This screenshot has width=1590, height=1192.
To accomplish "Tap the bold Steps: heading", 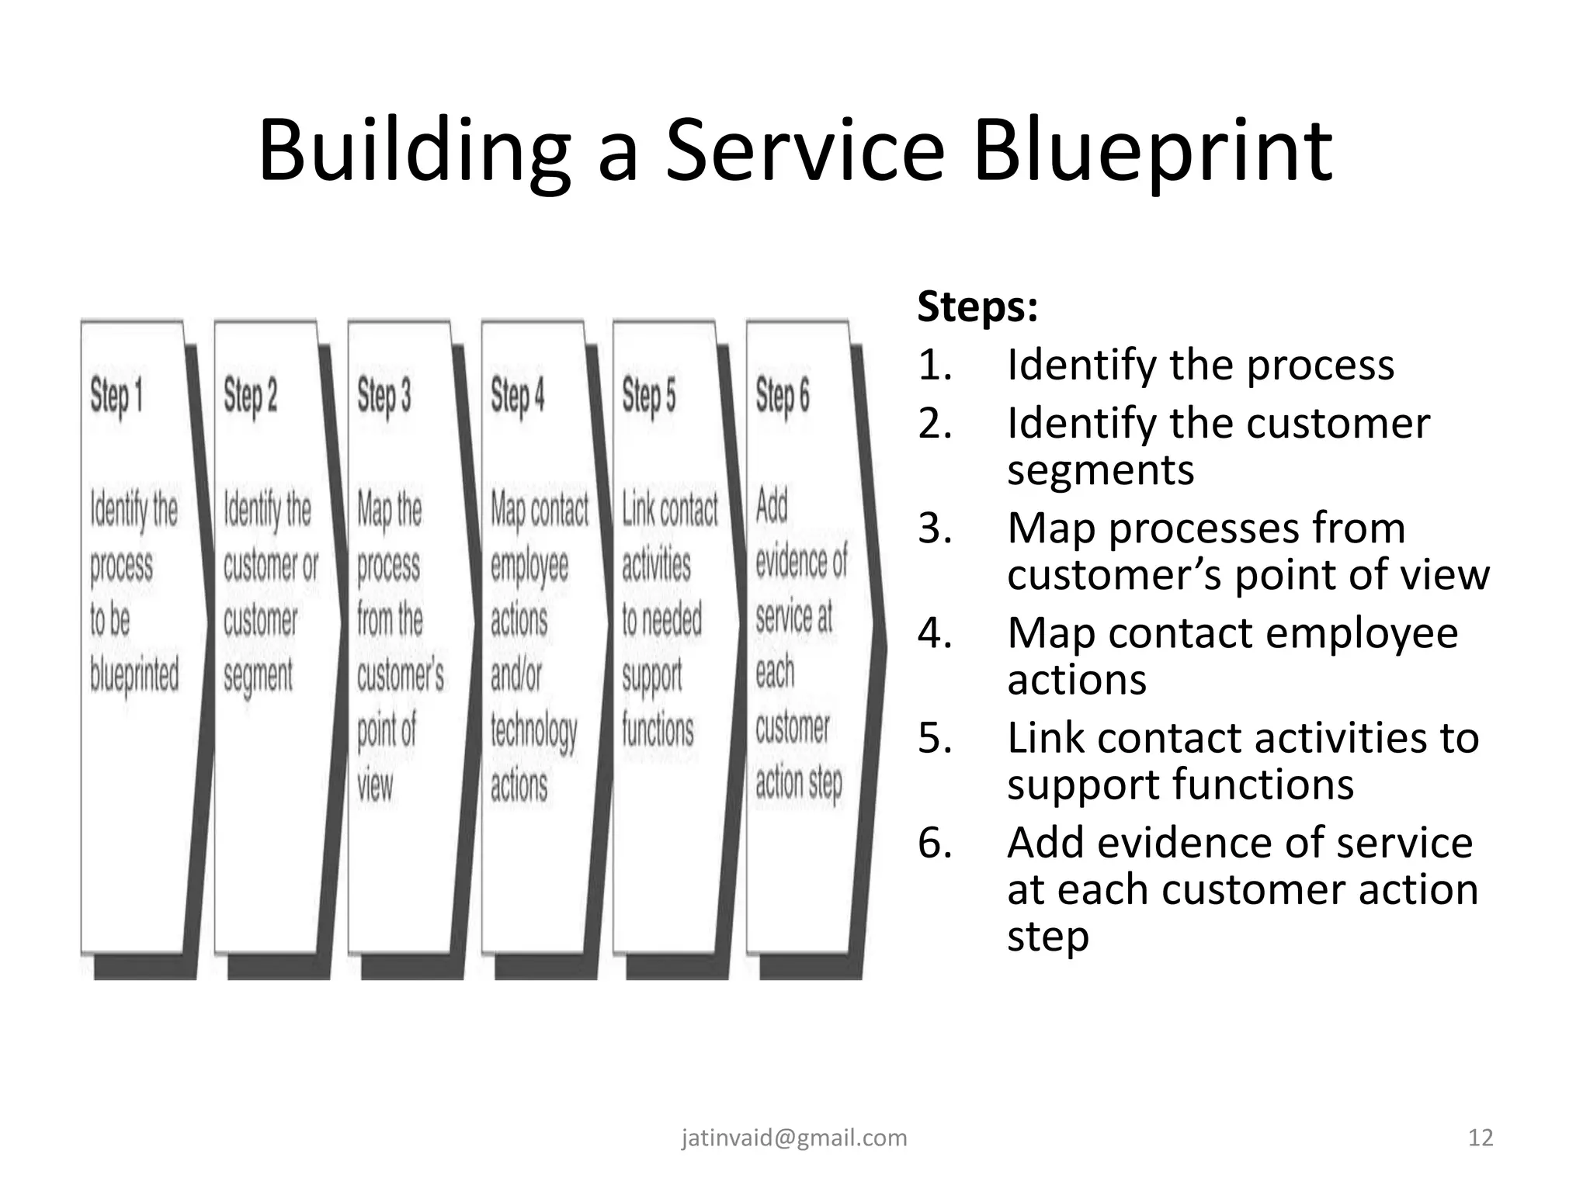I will (977, 307).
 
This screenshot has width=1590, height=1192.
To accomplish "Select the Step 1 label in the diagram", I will (116, 397).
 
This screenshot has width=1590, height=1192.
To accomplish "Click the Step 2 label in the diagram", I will (250, 397).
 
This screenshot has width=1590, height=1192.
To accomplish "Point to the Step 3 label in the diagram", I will (384, 397).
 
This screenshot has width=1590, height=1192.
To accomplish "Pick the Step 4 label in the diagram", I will (517, 397).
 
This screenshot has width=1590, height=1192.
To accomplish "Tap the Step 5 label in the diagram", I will (648, 397).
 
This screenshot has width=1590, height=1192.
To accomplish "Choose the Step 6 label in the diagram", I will (783, 397).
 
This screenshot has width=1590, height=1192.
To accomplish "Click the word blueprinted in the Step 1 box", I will (134, 674).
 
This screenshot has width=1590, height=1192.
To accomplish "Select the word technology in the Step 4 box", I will (533, 731).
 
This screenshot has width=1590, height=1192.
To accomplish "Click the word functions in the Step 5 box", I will (658, 730).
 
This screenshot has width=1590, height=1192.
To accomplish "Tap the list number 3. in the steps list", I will (935, 529).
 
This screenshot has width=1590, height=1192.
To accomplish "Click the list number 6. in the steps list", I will (935, 844).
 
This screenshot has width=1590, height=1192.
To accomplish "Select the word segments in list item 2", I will (1100, 470).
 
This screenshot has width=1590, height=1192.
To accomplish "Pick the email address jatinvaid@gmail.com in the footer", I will (794, 1138).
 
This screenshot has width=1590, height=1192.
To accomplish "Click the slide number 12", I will (1481, 1138).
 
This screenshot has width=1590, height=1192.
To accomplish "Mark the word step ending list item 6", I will (1047, 937).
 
